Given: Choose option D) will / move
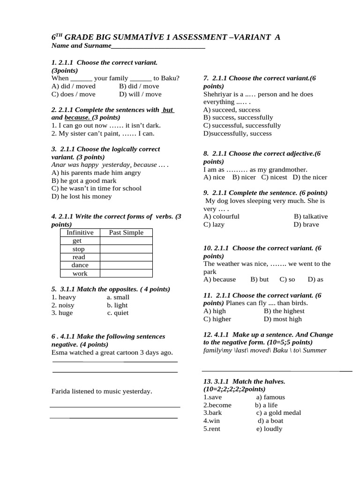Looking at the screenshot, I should click(140, 94).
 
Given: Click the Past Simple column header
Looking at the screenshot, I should click(126, 232).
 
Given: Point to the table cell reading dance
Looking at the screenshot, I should click(80, 265).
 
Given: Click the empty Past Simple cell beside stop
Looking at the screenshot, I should click(126, 249).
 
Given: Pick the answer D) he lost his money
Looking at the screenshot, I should click(82, 196).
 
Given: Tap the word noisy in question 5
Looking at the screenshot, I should click(66, 305).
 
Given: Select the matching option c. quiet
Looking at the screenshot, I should click(118, 313).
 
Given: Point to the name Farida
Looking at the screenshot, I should click(61, 391).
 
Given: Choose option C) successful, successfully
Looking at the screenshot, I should click(242, 126).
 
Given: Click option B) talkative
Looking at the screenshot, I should click(311, 217).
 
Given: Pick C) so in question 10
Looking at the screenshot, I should click(287, 279).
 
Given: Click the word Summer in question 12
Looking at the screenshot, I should click(315, 351).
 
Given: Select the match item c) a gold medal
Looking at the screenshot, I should click(278, 413).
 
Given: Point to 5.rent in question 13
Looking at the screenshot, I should click(211, 429).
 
